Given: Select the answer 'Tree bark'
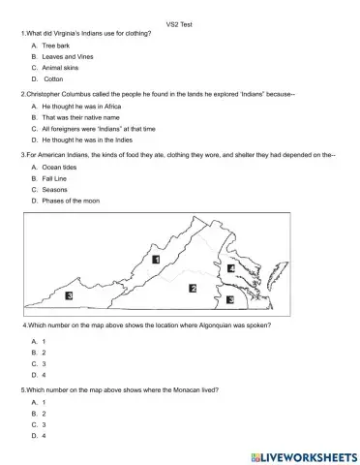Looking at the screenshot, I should pos(57,46).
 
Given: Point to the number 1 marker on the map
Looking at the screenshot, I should pos(156,261).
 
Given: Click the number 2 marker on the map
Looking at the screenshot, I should pos(193,288).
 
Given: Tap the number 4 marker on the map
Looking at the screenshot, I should pos(231,268).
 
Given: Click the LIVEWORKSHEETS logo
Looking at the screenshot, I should pos(303,454).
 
